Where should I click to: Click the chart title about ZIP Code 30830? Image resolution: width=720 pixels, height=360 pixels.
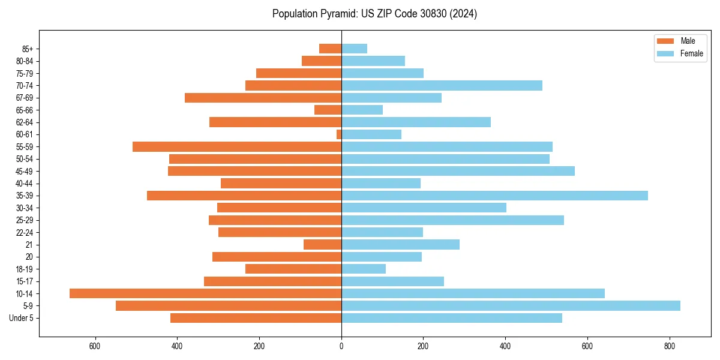pyautogui.click(x=374, y=14)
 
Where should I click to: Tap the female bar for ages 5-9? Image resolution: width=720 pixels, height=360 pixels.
pyautogui.click(x=511, y=305)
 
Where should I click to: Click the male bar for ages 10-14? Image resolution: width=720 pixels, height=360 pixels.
pyautogui.click(x=205, y=293)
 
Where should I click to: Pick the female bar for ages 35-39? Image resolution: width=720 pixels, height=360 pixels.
pyautogui.click(x=494, y=196)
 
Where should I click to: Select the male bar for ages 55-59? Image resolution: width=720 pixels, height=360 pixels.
pyautogui.click(x=237, y=146)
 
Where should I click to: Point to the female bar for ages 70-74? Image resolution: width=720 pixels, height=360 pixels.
pyautogui.click(x=442, y=85)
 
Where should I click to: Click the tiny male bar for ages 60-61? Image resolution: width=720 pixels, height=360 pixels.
pyautogui.click(x=339, y=134)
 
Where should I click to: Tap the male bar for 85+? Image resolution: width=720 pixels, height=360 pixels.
pyautogui.click(x=330, y=49)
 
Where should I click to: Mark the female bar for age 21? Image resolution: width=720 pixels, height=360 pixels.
pyautogui.click(x=400, y=244)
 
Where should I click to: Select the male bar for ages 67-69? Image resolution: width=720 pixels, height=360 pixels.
pyautogui.click(x=263, y=98)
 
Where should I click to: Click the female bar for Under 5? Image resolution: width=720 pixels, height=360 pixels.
pyautogui.click(x=452, y=318)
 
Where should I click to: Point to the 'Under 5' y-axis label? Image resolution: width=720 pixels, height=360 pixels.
pyautogui.click(x=21, y=318)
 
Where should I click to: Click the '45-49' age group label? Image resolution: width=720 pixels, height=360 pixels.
pyautogui.click(x=25, y=171)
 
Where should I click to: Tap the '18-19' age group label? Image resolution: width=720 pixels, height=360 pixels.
pyautogui.click(x=25, y=269)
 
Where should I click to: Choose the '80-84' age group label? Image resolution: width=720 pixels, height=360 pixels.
pyautogui.click(x=25, y=61)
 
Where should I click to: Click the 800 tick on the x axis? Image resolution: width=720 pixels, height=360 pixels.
pyautogui.click(x=670, y=346)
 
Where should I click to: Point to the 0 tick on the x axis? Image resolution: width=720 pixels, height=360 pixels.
pyautogui.click(x=341, y=346)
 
